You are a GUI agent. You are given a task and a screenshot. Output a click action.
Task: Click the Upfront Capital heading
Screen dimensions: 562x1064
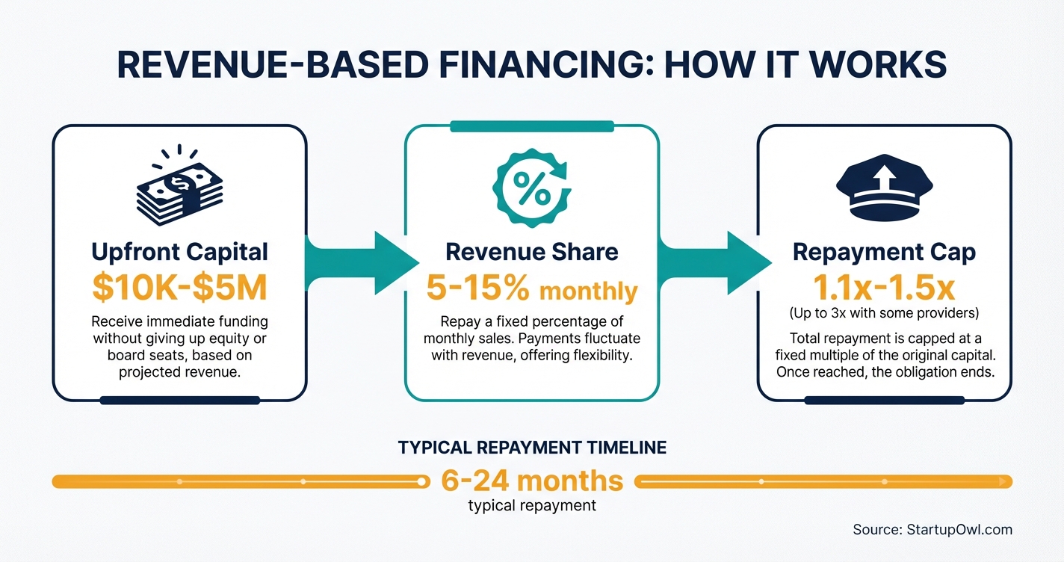pos(179,252)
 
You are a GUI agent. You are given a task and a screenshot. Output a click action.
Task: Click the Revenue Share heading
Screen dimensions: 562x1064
pos(531,252)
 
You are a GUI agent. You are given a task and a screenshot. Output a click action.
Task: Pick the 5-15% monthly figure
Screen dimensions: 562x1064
pos(531,289)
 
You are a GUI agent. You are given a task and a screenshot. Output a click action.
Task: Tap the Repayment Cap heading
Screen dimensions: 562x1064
pos(884,252)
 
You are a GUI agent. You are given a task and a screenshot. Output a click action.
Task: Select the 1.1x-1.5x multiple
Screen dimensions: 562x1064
pos(884,287)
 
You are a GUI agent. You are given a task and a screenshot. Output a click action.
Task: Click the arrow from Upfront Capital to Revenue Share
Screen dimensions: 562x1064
pos(363,262)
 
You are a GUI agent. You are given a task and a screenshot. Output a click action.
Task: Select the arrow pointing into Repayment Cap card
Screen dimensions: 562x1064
pos(716,262)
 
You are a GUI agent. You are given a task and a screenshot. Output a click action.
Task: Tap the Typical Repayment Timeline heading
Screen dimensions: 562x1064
pos(532,448)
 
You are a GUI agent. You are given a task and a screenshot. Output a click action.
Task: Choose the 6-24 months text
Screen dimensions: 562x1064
pos(532,480)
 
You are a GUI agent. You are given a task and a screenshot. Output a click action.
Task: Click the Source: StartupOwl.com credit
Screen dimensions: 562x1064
pos(932,530)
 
